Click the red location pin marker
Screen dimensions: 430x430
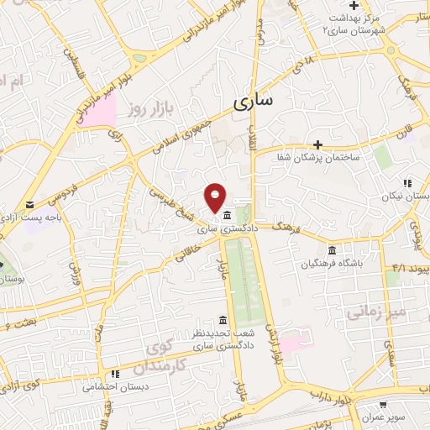(215, 196)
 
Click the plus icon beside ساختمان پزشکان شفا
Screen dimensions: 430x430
(317, 144)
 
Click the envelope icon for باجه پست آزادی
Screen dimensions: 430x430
(31, 205)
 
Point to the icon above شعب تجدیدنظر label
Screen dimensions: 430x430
(222, 321)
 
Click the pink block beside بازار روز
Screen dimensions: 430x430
(101, 113)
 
